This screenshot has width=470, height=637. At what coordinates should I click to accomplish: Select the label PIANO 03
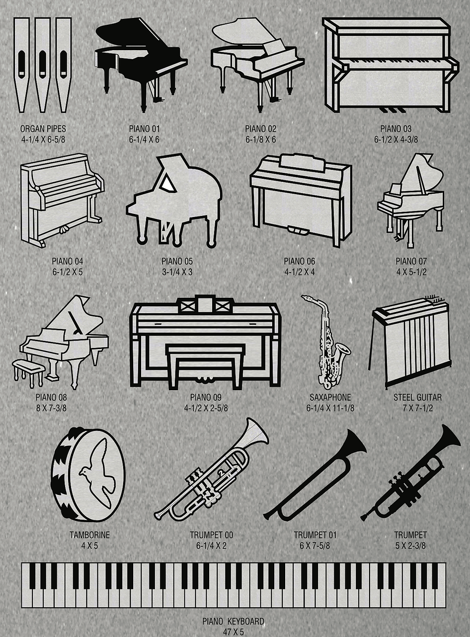(x=396, y=129)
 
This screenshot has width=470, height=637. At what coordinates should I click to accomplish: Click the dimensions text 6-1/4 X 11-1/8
(x=330, y=408)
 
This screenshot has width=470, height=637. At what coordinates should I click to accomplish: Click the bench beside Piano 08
(x=28, y=370)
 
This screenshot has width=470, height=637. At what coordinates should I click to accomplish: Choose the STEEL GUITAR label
(x=417, y=397)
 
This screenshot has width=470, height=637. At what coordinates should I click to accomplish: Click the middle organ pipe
(x=43, y=65)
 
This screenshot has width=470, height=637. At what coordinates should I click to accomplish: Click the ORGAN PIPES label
(x=43, y=129)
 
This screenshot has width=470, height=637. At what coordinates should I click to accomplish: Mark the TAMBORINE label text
(x=89, y=535)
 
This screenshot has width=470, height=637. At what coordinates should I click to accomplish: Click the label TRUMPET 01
(x=315, y=535)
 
